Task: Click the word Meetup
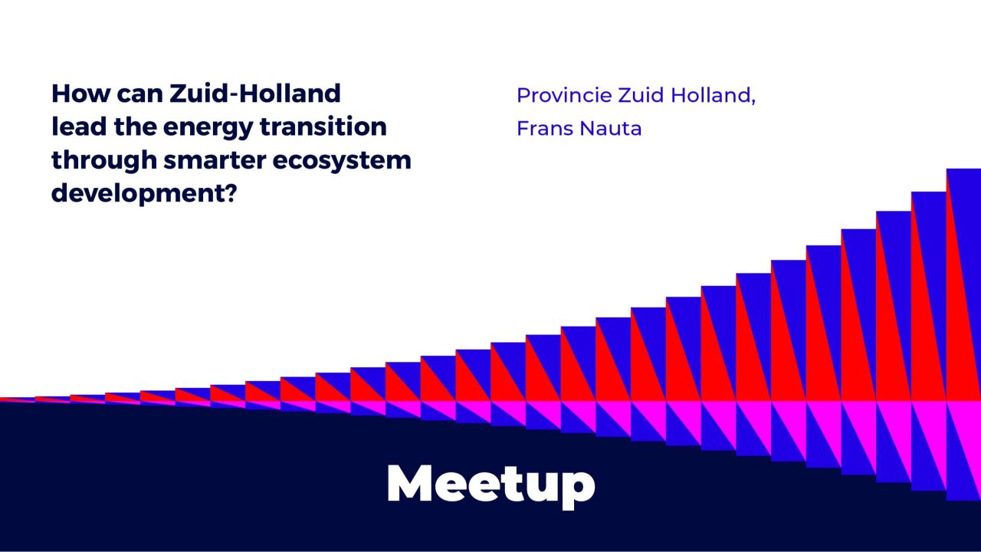490,483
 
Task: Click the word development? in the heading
143,192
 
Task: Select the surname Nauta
611,129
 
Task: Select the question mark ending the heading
228,192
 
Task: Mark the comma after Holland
753,102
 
